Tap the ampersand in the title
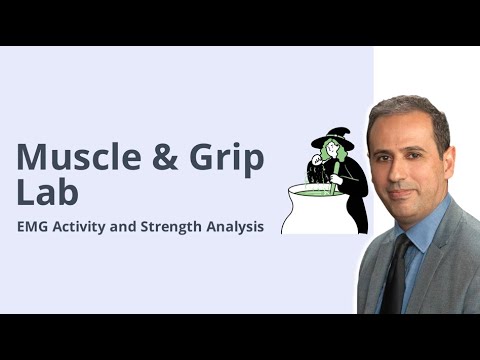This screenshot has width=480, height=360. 166,157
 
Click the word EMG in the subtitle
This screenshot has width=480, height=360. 34,227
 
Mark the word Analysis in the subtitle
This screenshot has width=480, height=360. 239,227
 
